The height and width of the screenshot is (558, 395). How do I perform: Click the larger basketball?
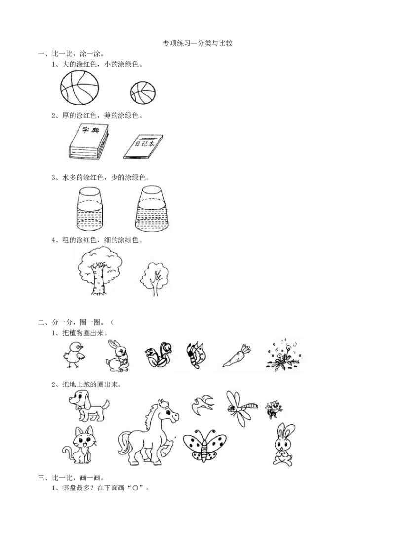click(80, 88)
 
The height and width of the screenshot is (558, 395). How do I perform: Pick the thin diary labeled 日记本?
click(143, 146)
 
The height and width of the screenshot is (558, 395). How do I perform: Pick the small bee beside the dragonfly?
click(273, 409)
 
